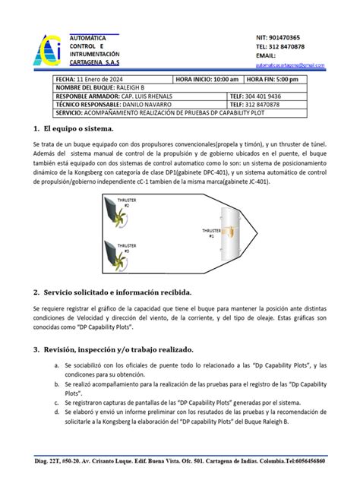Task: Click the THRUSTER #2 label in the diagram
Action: (x=126, y=203)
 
